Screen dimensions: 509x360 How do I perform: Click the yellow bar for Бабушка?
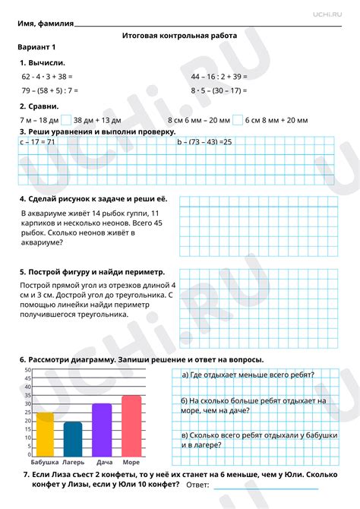(x=46, y=433)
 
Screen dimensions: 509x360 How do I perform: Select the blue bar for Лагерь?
(x=73, y=438)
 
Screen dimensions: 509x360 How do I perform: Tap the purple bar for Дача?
(x=102, y=428)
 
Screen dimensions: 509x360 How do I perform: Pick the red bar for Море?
(x=131, y=425)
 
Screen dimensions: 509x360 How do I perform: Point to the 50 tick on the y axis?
(x=27, y=370)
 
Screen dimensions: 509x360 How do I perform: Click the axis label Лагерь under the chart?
(x=74, y=462)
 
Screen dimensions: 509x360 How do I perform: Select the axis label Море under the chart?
(x=131, y=462)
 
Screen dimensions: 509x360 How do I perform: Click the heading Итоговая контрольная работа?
(x=179, y=36)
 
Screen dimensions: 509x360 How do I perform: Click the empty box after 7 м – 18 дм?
(x=66, y=119)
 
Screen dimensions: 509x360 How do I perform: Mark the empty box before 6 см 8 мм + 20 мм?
(x=238, y=119)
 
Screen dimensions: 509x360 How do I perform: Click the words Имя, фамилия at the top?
(x=46, y=24)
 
